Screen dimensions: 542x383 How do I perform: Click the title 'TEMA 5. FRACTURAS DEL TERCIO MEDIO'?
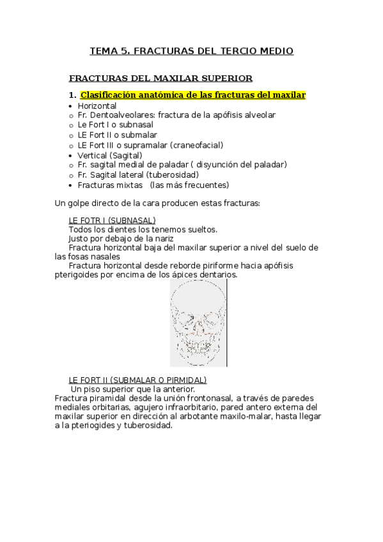click(191, 50)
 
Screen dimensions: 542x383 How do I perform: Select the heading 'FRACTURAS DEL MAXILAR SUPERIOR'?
click(160, 79)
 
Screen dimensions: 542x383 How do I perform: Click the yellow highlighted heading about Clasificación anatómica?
click(193, 95)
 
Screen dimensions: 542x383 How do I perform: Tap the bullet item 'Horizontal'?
click(97, 105)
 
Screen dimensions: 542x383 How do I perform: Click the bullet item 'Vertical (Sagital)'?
click(109, 155)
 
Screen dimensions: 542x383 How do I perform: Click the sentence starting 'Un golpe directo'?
click(157, 203)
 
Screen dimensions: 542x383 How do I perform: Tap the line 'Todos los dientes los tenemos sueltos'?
click(143, 229)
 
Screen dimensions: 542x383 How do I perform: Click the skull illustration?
click(198, 323)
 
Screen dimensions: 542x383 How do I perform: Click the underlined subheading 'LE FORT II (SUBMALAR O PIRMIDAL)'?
click(133, 380)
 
